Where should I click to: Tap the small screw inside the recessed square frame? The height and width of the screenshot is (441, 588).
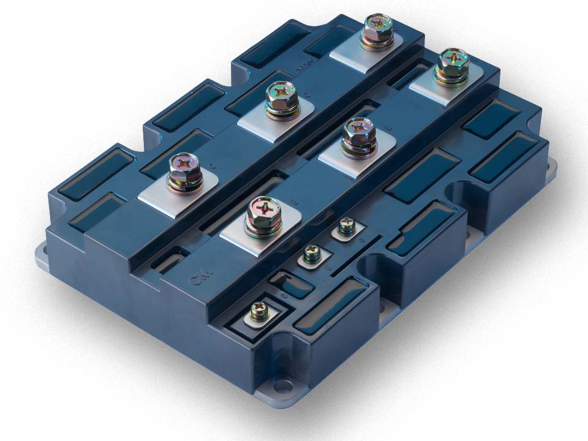[258, 312]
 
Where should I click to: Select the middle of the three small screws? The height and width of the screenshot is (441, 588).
[312, 252]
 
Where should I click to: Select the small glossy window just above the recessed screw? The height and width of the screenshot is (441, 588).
[282, 283]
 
